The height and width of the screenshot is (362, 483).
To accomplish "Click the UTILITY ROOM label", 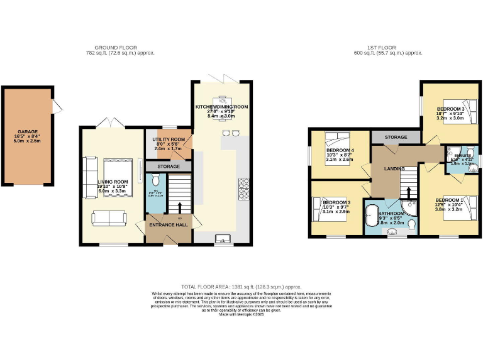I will point(169,140).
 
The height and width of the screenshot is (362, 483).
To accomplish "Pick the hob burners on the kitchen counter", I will point(243,187).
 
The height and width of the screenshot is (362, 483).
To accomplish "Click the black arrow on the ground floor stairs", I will point(180,207).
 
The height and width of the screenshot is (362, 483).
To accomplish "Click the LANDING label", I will point(394,169).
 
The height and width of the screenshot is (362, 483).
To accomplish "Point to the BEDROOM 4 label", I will point(340,151).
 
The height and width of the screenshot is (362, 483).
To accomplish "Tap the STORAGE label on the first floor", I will point(396,137).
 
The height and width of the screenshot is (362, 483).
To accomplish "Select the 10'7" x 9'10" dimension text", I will point(450,113).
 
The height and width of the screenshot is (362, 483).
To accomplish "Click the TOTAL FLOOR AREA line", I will point(241,286).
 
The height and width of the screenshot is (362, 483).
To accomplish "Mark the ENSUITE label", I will point(462,155).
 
